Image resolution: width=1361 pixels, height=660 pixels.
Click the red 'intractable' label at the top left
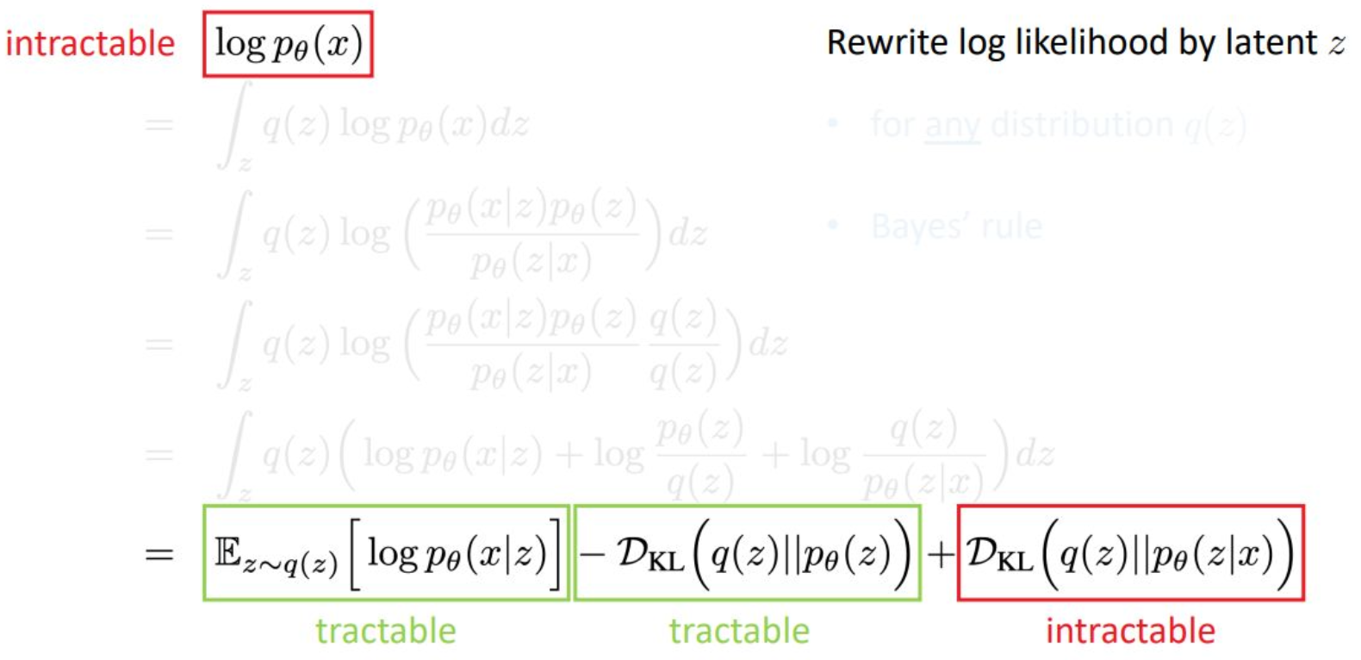click(x=90, y=43)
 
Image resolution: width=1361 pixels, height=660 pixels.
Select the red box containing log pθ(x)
click(x=288, y=44)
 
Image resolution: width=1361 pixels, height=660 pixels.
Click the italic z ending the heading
click(x=1336, y=45)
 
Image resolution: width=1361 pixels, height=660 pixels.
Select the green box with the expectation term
click(x=386, y=552)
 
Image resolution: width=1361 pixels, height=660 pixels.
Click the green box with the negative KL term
click(x=747, y=552)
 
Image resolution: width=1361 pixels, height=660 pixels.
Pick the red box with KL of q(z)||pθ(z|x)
click(x=1130, y=552)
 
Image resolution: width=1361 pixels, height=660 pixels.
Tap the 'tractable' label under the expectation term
click(x=386, y=631)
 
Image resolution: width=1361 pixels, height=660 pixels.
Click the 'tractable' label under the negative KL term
click(x=739, y=631)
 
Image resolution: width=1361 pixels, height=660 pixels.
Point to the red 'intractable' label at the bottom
click(x=1130, y=631)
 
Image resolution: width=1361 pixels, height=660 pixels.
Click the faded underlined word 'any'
click(x=952, y=126)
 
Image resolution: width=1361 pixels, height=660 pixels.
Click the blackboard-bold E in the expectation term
click(x=227, y=552)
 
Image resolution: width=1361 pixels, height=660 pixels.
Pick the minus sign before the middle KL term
click(x=592, y=554)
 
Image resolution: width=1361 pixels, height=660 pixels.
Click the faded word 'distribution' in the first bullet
click(x=1082, y=125)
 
